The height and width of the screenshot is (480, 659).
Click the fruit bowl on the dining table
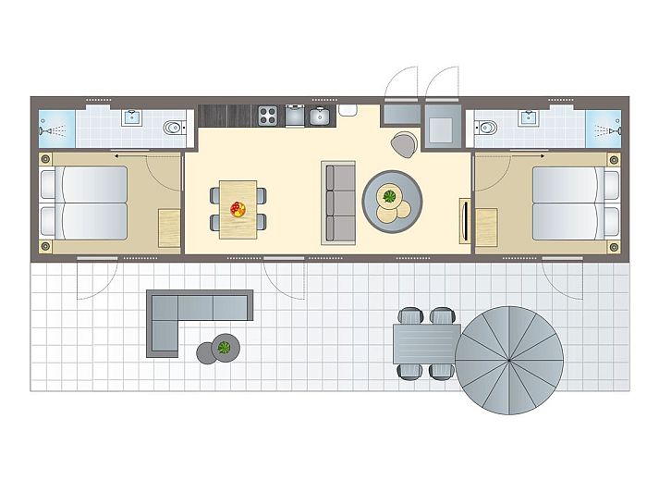click(x=238, y=209)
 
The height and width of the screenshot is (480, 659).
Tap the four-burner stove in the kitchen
click(x=268, y=116)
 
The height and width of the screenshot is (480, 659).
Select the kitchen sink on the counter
click(x=319, y=116)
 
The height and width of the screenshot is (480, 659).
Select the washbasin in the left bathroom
click(x=133, y=117)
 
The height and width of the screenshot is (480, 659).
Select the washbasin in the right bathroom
click(x=530, y=117)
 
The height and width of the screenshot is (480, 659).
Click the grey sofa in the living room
click(x=339, y=203)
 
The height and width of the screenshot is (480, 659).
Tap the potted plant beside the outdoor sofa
click(x=224, y=348)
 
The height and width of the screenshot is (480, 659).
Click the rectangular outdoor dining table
click(x=426, y=344)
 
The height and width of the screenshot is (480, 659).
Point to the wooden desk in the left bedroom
click(x=169, y=227)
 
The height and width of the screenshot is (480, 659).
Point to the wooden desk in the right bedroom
click(x=486, y=227)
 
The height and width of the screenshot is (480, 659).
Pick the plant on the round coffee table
click(x=390, y=196)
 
